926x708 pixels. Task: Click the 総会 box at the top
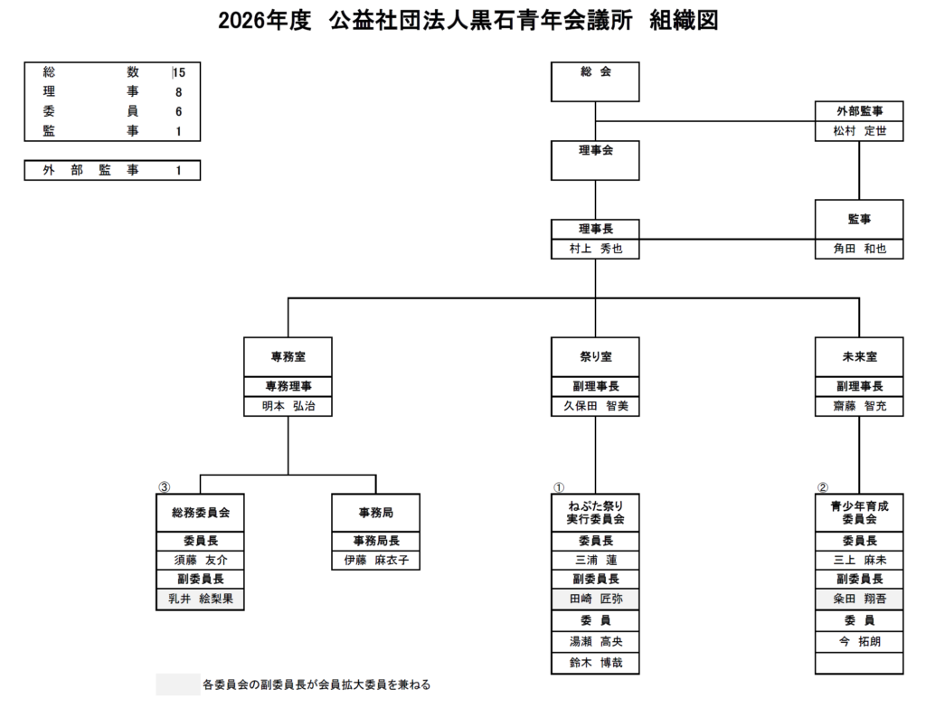point(595,81)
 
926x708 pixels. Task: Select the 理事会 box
point(595,160)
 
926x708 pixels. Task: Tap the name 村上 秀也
point(595,249)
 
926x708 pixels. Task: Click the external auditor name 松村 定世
point(859,131)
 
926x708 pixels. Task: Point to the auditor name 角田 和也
point(859,249)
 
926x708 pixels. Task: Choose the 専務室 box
point(288,357)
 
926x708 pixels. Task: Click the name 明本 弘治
point(288,406)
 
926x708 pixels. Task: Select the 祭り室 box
point(595,357)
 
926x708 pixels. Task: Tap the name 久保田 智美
point(595,406)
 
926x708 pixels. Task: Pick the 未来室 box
point(859,357)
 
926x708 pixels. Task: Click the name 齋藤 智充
point(859,406)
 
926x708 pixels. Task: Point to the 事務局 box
point(375,513)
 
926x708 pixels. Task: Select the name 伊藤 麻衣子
point(375,561)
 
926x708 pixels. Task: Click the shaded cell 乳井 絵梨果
point(200,599)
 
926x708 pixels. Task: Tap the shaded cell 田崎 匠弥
point(595,599)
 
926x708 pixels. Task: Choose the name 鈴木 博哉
point(595,664)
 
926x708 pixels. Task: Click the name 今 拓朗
point(859,642)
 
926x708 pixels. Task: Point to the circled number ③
point(164,486)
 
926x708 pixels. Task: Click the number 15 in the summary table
point(179,72)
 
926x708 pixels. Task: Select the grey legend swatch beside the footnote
point(177,684)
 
